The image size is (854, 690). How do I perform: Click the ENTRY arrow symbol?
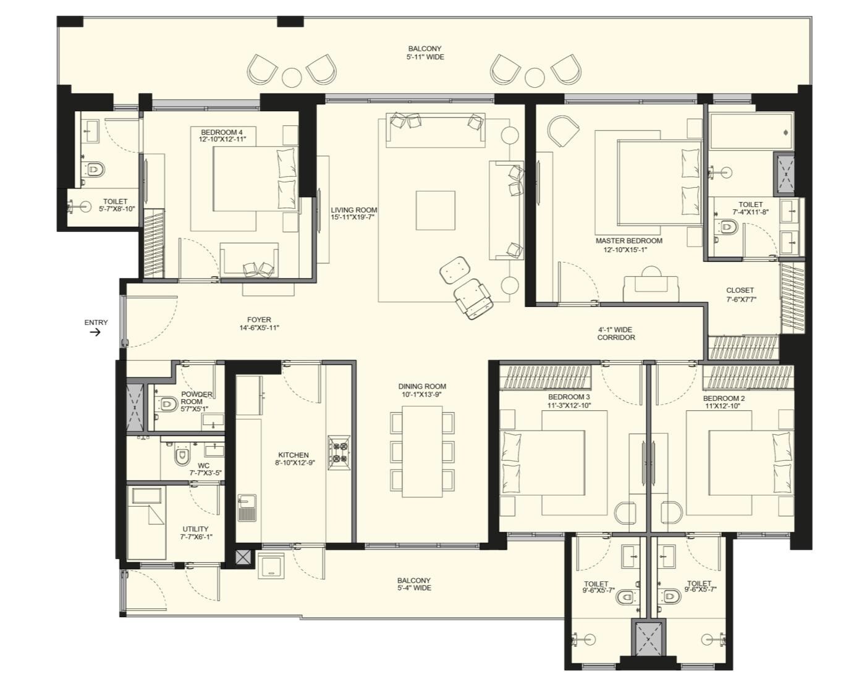click(x=95, y=332)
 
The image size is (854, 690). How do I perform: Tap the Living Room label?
click(x=353, y=210)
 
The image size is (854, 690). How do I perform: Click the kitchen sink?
click(x=247, y=508)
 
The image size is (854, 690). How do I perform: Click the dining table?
click(x=422, y=451)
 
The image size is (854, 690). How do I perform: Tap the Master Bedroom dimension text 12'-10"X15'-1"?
click(x=625, y=250)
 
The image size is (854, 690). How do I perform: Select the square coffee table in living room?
click(x=435, y=210)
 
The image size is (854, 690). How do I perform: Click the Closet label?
click(x=740, y=290)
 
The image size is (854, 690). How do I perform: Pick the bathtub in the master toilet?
click(x=750, y=132)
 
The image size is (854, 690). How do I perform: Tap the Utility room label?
click(x=195, y=529)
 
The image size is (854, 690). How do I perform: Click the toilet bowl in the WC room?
click(x=181, y=456)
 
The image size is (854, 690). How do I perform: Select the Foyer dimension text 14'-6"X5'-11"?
click(x=259, y=328)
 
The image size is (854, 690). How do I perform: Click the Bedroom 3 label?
click(x=569, y=397)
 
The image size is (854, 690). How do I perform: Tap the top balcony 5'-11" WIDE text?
click(x=425, y=57)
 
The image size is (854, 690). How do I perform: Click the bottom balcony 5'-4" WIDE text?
click(x=414, y=588)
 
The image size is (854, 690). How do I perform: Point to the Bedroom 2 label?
click(x=724, y=398)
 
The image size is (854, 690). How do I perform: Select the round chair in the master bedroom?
click(x=562, y=130)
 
